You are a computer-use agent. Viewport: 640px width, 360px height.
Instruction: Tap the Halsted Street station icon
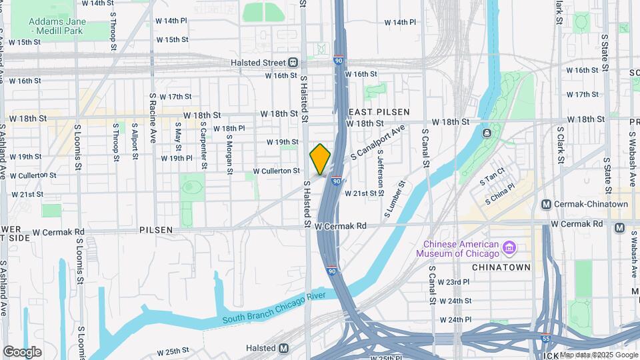click(293, 63)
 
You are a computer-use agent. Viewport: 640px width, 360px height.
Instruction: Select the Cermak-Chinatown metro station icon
click(547, 204)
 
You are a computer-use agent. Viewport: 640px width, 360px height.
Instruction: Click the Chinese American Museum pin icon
click(510, 248)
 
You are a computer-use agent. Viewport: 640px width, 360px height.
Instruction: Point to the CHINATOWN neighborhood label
click(501, 267)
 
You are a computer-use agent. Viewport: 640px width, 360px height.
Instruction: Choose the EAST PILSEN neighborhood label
click(377, 112)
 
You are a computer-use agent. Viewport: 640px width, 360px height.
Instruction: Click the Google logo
click(22, 351)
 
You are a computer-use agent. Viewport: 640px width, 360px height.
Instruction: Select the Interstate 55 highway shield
click(545, 337)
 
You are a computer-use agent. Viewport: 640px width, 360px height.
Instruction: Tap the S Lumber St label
click(393, 199)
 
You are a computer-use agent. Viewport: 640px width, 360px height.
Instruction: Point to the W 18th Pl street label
click(229, 128)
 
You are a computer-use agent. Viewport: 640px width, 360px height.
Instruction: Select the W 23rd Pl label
click(455, 282)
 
